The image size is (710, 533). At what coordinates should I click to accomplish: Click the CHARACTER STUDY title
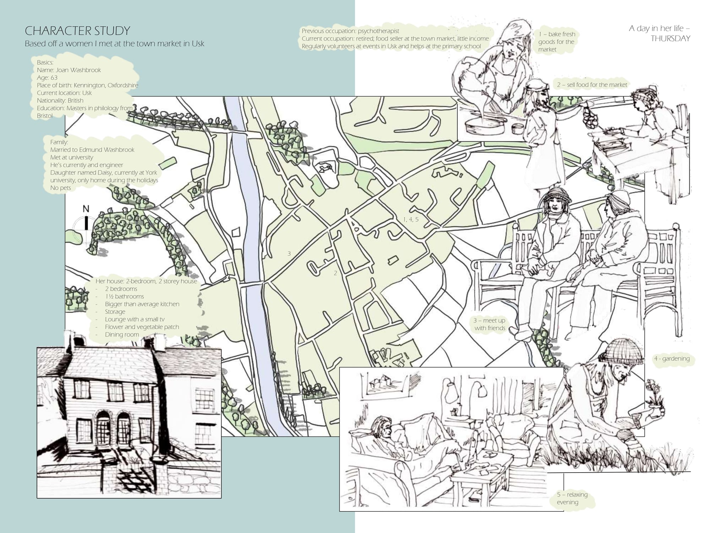(x=77, y=31)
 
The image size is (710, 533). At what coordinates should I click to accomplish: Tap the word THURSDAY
(x=670, y=38)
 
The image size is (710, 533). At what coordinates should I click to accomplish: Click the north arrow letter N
(x=86, y=209)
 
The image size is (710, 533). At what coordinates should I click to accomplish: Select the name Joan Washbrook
(x=78, y=70)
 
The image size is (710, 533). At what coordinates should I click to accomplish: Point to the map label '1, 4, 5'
(x=411, y=219)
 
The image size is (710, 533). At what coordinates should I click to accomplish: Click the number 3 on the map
(x=289, y=253)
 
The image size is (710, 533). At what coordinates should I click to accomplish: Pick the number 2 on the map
(x=335, y=273)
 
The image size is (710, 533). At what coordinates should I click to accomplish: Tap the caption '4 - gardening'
(x=672, y=359)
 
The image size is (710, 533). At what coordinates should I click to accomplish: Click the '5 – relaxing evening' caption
(x=572, y=498)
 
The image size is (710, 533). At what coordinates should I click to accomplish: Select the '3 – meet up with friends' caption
(x=490, y=324)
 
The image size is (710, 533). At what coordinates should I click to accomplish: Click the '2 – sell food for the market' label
(x=592, y=85)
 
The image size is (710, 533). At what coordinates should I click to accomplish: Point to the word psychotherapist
(x=378, y=31)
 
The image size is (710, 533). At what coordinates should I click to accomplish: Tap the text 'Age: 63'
(x=47, y=77)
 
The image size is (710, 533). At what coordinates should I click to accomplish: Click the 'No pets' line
(x=61, y=188)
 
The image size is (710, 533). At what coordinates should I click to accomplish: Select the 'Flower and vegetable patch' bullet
(x=142, y=327)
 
